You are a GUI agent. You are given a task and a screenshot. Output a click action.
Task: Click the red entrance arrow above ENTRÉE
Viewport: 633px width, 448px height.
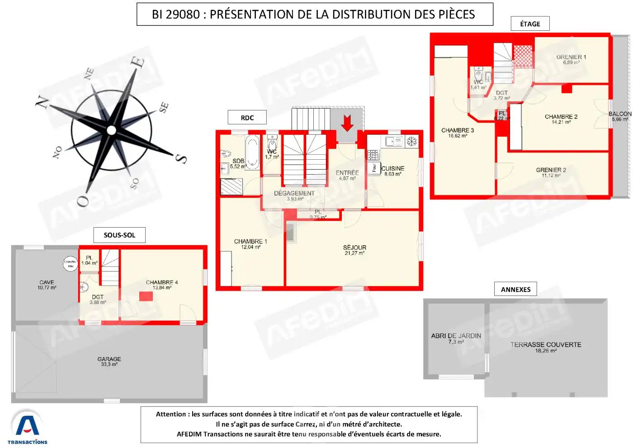click(347, 123)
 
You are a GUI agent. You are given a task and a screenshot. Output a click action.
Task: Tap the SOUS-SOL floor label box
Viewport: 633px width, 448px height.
click(119, 235)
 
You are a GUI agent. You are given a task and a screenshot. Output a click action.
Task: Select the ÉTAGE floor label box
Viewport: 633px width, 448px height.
click(530, 24)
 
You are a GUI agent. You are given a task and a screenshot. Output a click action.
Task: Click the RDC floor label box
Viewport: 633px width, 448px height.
click(247, 118)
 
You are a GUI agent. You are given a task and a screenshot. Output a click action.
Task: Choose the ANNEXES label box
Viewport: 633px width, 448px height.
click(515, 290)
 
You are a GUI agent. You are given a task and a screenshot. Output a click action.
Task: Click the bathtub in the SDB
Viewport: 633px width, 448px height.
click(252, 152)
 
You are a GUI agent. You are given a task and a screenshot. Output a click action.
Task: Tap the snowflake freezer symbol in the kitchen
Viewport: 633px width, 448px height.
click(411, 142)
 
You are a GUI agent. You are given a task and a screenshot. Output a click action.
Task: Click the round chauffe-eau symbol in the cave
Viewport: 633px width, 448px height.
click(70, 263)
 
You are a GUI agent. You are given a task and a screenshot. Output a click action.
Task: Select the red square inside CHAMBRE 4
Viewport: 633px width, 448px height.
click(146, 296)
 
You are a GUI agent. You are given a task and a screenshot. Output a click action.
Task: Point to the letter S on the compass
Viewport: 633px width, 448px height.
click(180, 158)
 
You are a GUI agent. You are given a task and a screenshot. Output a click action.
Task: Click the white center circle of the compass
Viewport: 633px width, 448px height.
click(111, 130)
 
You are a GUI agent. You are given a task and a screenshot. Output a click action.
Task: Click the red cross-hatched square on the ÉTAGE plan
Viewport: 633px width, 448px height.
click(523, 57)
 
